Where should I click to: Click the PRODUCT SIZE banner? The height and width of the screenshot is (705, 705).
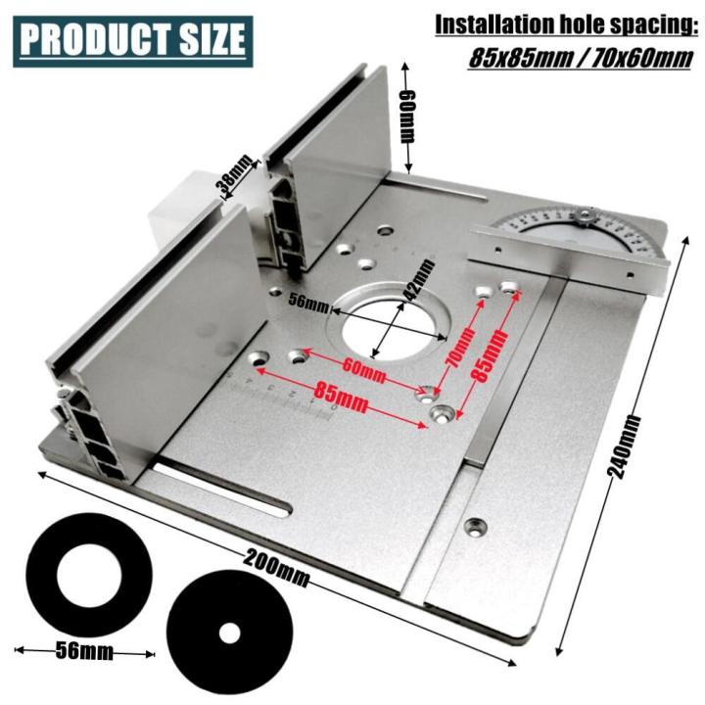click(132, 41)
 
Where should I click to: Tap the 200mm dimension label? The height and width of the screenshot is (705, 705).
click(277, 571)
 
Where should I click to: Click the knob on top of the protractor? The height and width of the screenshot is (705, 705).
click(587, 213)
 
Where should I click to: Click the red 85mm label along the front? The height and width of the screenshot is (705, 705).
click(342, 399)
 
